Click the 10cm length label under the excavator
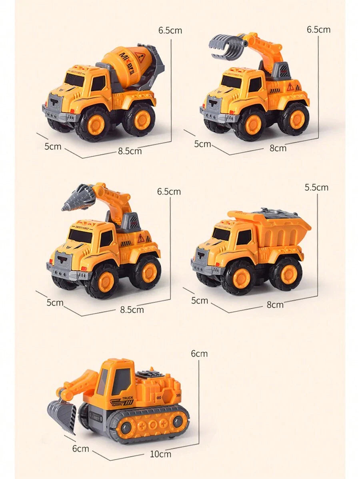pyautogui.click(x=160, y=454)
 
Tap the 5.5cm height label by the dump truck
pyautogui.click(x=316, y=188)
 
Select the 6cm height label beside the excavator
pyautogui.click(x=199, y=353)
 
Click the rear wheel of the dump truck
pyautogui.click(x=286, y=273)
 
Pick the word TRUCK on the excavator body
pyautogui.click(x=128, y=397)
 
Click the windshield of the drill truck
pyautogui.click(x=80, y=236)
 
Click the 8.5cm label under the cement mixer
pyautogui.click(x=130, y=151)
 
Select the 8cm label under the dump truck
pyautogui.click(x=275, y=305)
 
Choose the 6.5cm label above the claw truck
pyautogui.click(x=318, y=30)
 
